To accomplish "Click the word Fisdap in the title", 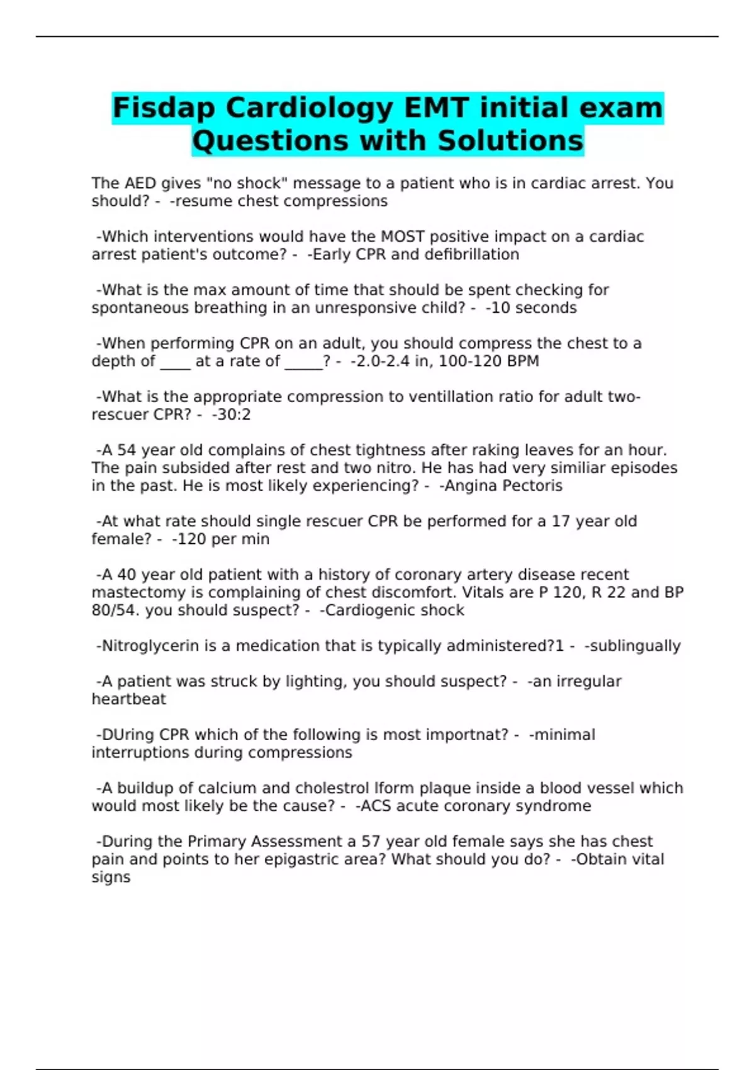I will point(164,108).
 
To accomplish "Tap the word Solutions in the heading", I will point(510,140).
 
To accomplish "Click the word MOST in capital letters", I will point(403,237).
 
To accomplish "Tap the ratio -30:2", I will point(232,415).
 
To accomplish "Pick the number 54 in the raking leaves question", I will point(126,451).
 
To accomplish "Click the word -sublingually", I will point(632,646).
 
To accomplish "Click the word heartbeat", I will point(129,699).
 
